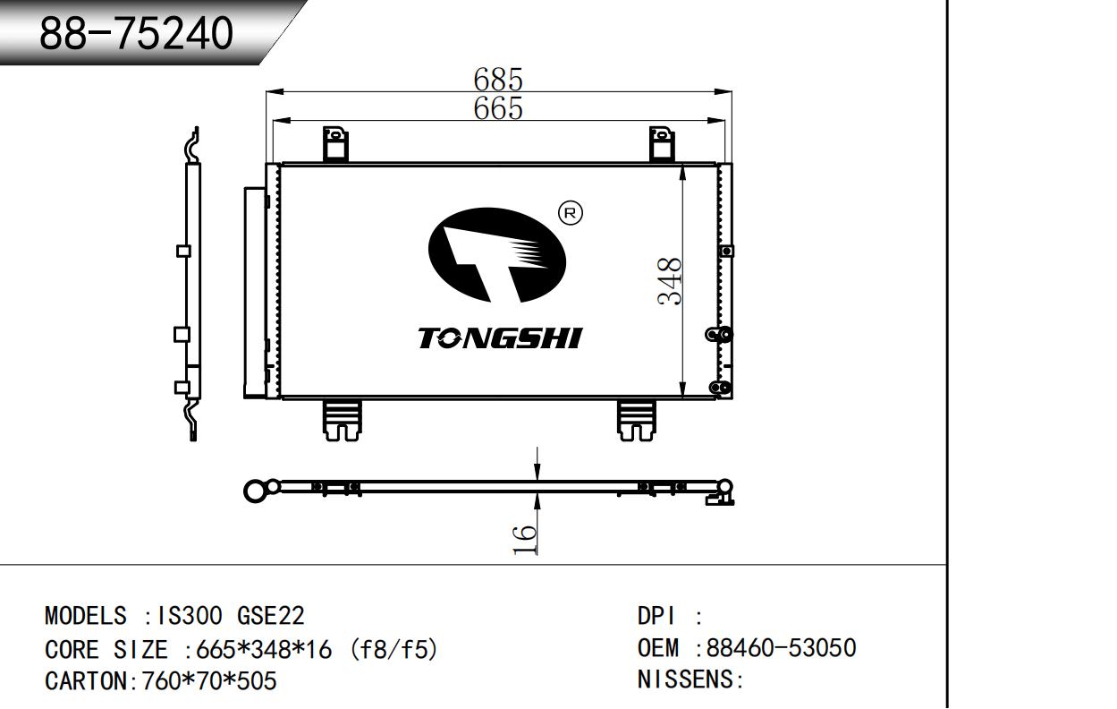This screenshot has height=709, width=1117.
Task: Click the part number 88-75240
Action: [x=136, y=34]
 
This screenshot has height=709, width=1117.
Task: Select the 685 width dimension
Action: [x=498, y=80]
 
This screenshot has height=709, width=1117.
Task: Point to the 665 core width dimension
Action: [x=498, y=108]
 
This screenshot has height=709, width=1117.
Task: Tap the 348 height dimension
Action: [x=671, y=281]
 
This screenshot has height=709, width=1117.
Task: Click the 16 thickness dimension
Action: [x=525, y=537]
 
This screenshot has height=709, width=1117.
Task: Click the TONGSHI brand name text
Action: [x=500, y=338]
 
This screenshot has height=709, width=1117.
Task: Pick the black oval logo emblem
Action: [x=497, y=254]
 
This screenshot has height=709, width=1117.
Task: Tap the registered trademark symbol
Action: [x=571, y=213]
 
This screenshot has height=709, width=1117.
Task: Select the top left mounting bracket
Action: [x=334, y=144]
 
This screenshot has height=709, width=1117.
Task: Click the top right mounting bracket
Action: [x=662, y=144]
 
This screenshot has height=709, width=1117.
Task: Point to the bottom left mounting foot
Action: [x=343, y=419]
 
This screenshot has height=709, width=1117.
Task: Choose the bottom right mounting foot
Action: [x=637, y=419]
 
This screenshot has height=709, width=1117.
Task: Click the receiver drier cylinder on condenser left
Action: [x=254, y=292]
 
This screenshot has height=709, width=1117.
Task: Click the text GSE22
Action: [x=270, y=616]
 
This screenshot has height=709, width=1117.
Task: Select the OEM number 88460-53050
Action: [x=781, y=648]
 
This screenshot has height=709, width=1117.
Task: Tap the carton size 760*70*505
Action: [x=204, y=681]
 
